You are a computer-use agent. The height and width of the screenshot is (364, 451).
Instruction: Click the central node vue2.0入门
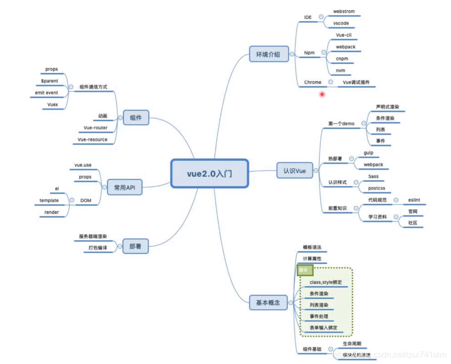(x=209, y=174)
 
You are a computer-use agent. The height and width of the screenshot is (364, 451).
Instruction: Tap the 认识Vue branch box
(x=294, y=171)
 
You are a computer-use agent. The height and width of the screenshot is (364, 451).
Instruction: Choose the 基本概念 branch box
(x=267, y=303)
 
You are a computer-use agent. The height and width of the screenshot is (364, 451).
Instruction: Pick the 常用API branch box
(x=124, y=188)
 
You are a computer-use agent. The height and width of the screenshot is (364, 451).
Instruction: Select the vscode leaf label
(x=341, y=24)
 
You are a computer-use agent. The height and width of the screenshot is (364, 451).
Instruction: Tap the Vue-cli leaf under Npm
(x=343, y=35)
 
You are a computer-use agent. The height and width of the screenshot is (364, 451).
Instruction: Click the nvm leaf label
(x=340, y=70)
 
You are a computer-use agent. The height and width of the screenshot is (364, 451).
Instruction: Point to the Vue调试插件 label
(x=356, y=82)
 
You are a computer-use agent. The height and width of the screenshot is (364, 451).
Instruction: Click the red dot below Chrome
(x=322, y=94)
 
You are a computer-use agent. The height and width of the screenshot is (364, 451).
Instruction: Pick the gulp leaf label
(x=369, y=153)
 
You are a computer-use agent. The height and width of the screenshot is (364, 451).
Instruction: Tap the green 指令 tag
(x=303, y=270)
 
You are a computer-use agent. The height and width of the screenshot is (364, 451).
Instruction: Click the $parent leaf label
(x=50, y=81)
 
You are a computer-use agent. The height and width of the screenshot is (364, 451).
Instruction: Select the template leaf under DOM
(x=49, y=200)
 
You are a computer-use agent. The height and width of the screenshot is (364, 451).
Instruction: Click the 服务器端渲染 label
(x=93, y=237)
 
